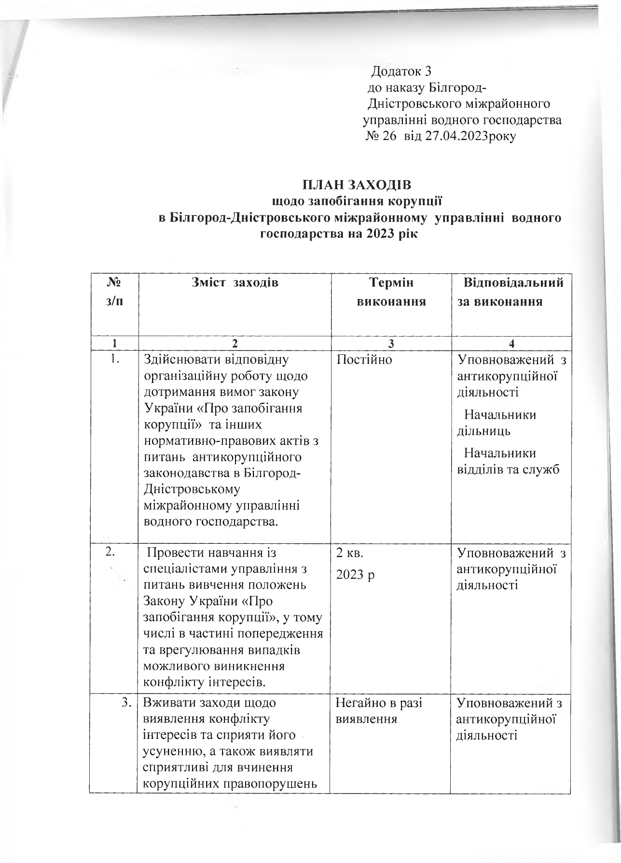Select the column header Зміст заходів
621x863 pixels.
pyautogui.click(x=235, y=283)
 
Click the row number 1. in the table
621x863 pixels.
pyautogui.click(x=114, y=360)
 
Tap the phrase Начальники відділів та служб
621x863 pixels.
pyautogui.click(x=508, y=461)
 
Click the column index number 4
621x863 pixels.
pyautogui.click(x=511, y=344)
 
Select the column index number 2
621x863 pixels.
pyautogui.click(x=235, y=344)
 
